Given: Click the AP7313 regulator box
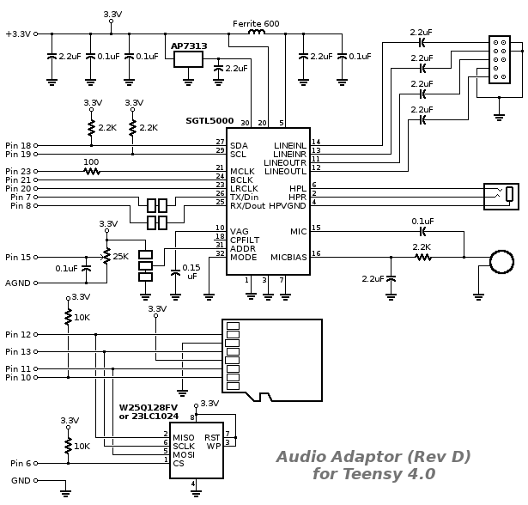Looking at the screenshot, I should tap(187, 59).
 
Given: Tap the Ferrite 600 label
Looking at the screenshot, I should tap(256, 23).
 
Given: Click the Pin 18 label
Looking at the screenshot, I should tap(18, 145).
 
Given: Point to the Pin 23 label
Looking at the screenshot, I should tap(18, 171).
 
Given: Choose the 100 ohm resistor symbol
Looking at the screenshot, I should tap(91, 171).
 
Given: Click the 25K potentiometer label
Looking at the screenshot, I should tap(120, 256).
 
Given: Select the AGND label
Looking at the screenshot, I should tap(18, 283).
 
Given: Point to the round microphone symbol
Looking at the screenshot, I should tap(499, 260).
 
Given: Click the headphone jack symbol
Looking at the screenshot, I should tap(501, 194).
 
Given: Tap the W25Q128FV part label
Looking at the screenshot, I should tap(147, 408).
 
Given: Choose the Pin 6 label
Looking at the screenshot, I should tap(18, 464).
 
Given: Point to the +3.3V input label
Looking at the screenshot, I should tap(17, 33).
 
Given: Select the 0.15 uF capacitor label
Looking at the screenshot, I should tap(191, 272).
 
